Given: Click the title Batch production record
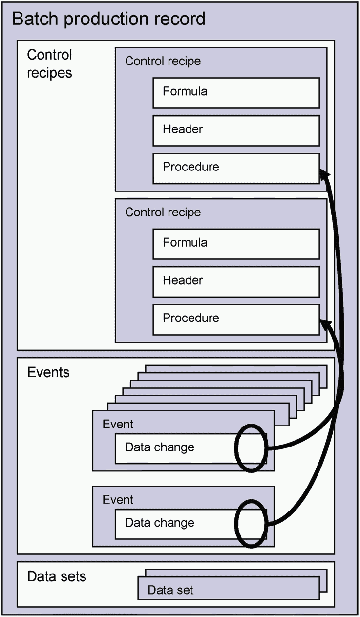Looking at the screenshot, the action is pos(109,19).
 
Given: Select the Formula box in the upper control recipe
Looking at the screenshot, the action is pos(236,93).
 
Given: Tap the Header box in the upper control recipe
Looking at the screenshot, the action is pos(236,130).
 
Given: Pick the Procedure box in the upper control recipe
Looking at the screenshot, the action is pos(236,169).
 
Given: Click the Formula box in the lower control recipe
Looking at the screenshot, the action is pos(236,244).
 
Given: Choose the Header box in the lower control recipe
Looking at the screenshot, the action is pos(236,282).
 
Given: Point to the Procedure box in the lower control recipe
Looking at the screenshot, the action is pos(236,320).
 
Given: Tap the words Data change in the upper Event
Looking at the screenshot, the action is pos(160,447).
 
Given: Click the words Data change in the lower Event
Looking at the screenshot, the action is pos(160,523).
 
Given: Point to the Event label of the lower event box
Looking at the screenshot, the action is pos(118,500).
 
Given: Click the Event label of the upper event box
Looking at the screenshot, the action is pos(118,424).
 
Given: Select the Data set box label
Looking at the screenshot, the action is pos(170,590).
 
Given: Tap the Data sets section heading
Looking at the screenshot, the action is pos(57,576).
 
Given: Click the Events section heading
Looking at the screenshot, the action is pos(48,372).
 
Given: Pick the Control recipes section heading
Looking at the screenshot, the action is pos(49,64).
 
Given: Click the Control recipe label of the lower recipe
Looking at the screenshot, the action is pos(163,213).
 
